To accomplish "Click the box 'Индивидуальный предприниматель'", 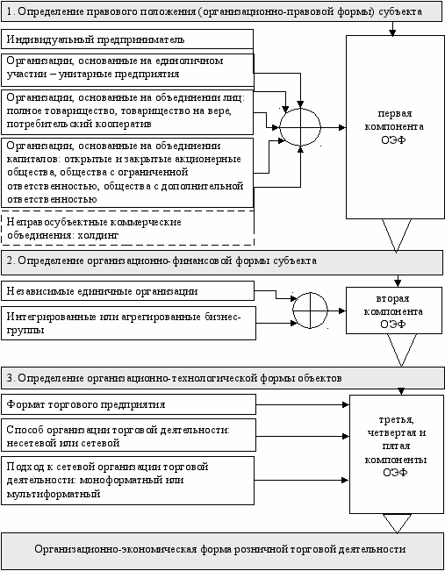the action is (x=127, y=39).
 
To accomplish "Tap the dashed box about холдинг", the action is (x=127, y=228).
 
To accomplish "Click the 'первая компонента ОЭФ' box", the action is (x=394, y=126).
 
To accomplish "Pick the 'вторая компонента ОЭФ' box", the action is (x=394, y=310).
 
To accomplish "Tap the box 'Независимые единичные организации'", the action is (x=127, y=291).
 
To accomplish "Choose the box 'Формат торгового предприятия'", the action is (x=128, y=404).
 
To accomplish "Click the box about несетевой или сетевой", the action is (x=128, y=436).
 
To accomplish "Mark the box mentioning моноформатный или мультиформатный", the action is (x=127, y=481).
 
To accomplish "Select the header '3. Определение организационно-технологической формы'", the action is (x=222, y=378).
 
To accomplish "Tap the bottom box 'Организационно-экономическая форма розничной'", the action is (x=222, y=550).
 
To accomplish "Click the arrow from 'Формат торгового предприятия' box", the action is (x=302, y=404).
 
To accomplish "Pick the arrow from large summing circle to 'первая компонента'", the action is (x=334, y=127).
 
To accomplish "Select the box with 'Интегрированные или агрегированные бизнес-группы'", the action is (x=128, y=324).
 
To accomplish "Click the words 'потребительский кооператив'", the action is (x=79, y=124).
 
